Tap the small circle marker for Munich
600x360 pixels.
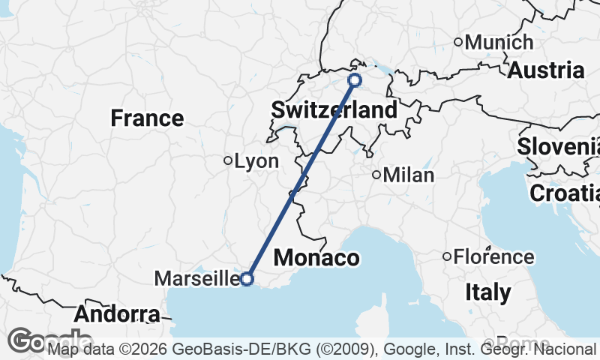pyautogui.click(x=458, y=42)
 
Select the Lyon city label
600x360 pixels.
pyautogui.click(x=256, y=160)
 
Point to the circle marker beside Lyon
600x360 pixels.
pyautogui.click(x=228, y=160)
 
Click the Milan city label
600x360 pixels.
pyautogui.click(x=409, y=175)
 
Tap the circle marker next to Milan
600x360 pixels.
pyautogui.click(x=376, y=175)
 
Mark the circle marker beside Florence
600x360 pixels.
pyautogui.click(x=447, y=257)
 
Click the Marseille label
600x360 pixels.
pyautogui.click(x=196, y=279)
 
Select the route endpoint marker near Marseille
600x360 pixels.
pyautogui.click(x=247, y=279)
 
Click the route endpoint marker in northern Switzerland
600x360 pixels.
pyautogui.click(x=355, y=79)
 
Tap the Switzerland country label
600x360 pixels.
pyautogui.click(x=334, y=110)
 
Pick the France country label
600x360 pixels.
pyautogui.click(x=147, y=118)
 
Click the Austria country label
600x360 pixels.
pyautogui.click(x=547, y=70)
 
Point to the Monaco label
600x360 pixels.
pyautogui.click(x=316, y=258)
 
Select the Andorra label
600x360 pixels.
pyautogui.click(x=117, y=313)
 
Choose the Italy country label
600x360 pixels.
pyautogui.click(x=487, y=292)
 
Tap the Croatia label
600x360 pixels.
pyautogui.click(x=564, y=193)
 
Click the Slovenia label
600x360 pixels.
pyautogui.click(x=559, y=146)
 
